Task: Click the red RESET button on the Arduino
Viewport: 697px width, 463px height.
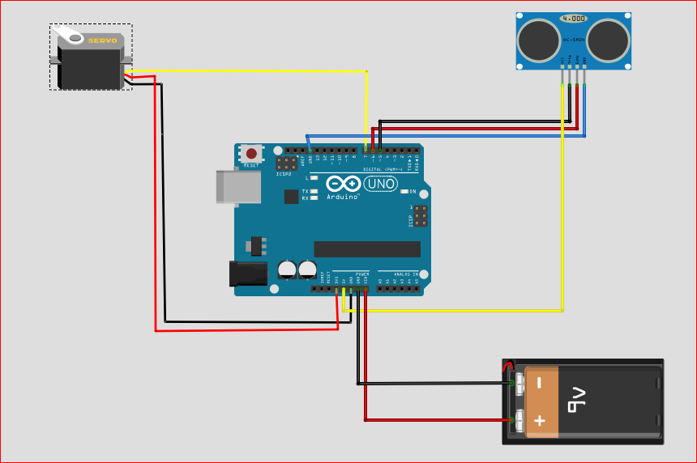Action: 251,154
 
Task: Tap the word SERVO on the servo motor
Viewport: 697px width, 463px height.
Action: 102,40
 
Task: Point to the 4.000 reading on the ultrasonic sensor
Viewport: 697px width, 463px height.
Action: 574,19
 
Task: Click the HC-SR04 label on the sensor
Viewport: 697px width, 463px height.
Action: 574,39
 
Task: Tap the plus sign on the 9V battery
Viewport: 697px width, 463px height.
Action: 540,421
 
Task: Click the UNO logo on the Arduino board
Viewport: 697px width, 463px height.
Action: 381,185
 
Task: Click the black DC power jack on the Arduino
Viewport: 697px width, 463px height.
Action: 248,274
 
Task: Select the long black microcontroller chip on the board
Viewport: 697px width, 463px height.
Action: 367,248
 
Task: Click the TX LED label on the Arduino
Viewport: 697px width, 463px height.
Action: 306,191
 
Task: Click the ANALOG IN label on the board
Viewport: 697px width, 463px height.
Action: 398,274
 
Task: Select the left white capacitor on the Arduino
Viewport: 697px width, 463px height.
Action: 287,270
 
